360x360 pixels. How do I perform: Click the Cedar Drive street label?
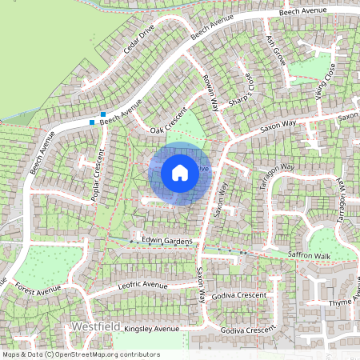[138, 44]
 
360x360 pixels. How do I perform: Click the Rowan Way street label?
[210, 94]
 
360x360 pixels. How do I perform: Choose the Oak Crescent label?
[167, 121]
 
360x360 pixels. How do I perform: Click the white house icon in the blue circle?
[180, 173]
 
